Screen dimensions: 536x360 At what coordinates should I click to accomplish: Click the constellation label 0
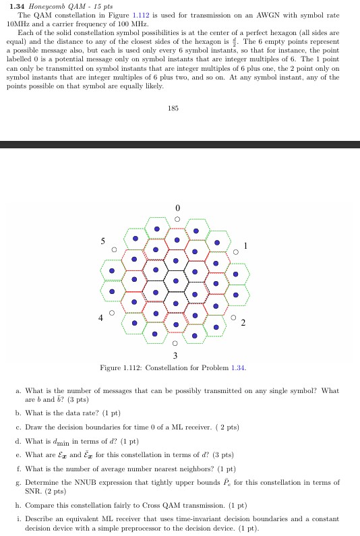[x=177, y=207]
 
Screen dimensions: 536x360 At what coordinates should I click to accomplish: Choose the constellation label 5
[x=103, y=240]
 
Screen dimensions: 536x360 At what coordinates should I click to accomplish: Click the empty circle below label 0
[x=177, y=218]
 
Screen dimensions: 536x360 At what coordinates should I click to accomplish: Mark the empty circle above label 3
[x=176, y=343]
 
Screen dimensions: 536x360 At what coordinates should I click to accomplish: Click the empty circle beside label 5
[x=115, y=250]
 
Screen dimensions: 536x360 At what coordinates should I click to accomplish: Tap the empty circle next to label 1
[x=236, y=252]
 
